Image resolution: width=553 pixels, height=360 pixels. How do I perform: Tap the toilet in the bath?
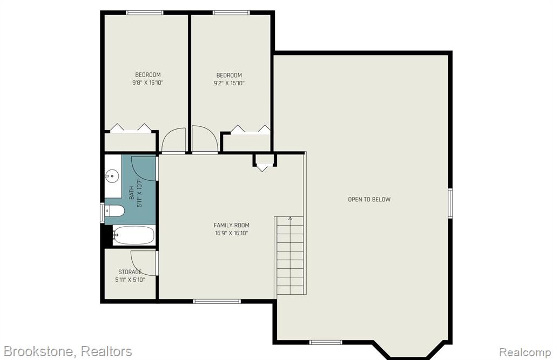(x=114, y=211)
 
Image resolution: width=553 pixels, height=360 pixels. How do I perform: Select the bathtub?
(x=134, y=235)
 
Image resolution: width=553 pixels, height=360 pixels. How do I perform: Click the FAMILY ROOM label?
(x=231, y=225)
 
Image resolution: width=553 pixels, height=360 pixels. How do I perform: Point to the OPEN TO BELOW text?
(x=369, y=199)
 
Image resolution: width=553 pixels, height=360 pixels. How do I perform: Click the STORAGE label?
(x=130, y=272)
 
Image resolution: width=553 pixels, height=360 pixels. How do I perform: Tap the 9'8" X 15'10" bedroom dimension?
(x=148, y=83)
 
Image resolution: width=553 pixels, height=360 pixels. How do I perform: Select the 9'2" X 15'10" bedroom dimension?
(x=229, y=83)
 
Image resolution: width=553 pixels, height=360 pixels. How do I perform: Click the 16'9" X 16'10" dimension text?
(x=231, y=233)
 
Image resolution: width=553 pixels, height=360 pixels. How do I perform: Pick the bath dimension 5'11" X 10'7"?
(x=140, y=193)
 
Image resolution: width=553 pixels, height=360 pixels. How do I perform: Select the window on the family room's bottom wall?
(x=217, y=301)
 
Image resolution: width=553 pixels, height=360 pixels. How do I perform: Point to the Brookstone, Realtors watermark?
(x=68, y=351)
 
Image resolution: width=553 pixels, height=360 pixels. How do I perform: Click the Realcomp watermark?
(x=525, y=352)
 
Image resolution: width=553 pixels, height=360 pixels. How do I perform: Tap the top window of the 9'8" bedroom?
(x=145, y=13)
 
